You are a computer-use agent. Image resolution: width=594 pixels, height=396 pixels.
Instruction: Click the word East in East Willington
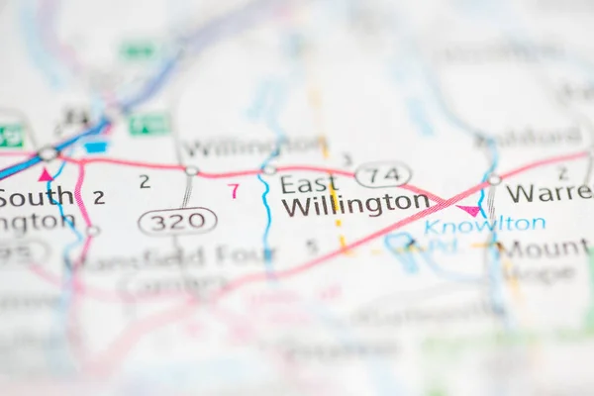coord(302,184)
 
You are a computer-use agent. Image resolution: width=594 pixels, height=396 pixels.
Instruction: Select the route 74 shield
coord(382,175)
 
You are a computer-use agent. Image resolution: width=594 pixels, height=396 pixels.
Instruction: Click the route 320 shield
coord(177,220)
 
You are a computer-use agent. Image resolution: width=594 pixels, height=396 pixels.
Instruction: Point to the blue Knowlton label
coord(485,226)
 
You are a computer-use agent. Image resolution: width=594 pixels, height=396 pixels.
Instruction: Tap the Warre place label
coord(547,192)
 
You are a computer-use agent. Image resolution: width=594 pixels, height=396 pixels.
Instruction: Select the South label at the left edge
coord(35,197)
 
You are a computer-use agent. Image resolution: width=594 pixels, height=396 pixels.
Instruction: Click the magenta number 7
coord(234,190)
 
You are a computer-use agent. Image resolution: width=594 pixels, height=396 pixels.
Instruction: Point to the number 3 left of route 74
coord(346,158)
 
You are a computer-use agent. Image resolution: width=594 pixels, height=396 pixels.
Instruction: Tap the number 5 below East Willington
coord(312,247)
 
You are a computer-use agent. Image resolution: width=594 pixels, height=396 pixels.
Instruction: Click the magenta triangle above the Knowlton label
coord(469,210)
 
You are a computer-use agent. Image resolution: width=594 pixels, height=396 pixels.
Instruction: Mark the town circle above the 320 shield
coord(191,171)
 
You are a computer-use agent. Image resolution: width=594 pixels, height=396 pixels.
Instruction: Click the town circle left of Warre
coord(494,180)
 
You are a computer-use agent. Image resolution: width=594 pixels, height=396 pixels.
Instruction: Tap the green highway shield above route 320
coord(149,124)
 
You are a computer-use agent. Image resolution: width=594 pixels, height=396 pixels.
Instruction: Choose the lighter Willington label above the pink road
coord(253,148)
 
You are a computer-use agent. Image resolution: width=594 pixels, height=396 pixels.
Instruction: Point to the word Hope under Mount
coord(544,273)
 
